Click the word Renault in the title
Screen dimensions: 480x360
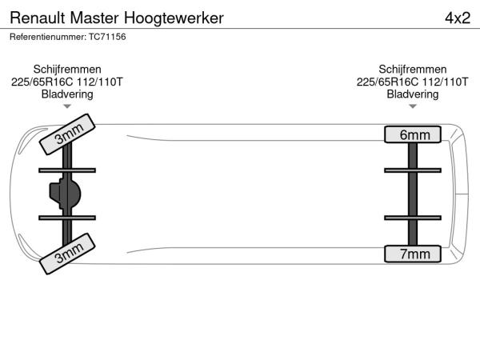pyautogui.click(x=38, y=18)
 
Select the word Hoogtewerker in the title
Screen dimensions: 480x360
pyautogui.click(x=174, y=18)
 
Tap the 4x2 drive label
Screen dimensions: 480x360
pyautogui.click(x=458, y=18)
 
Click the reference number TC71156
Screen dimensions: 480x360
pyautogui.click(x=107, y=37)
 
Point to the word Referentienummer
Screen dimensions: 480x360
pyautogui.click(x=48, y=37)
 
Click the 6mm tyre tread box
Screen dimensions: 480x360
pyautogui.click(x=413, y=134)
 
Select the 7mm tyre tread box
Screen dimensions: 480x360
pyautogui.click(x=413, y=254)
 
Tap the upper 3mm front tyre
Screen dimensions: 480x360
pyautogui.click(x=67, y=134)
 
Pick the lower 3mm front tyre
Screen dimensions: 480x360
pyautogui.click(x=67, y=254)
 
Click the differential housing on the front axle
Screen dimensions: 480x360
pyautogui.click(x=65, y=194)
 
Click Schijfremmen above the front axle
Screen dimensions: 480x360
pyautogui.click(x=67, y=69)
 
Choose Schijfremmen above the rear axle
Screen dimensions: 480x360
pyautogui.click(x=413, y=69)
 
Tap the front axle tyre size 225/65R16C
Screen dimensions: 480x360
pyautogui.click(x=42, y=82)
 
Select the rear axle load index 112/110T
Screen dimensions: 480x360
pyautogui.click(x=446, y=82)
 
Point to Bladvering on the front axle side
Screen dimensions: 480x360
pyautogui.click(x=67, y=94)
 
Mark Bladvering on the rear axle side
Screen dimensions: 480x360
pyautogui.click(x=413, y=94)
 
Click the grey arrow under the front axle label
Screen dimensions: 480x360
pyautogui.click(x=67, y=106)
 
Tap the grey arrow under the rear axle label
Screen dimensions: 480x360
pyautogui.click(x=413, y=106)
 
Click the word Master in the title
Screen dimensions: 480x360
pyautogui.click(x=94, y=18)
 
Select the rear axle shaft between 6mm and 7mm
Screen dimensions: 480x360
pyautogui.click(x=413, y=194)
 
